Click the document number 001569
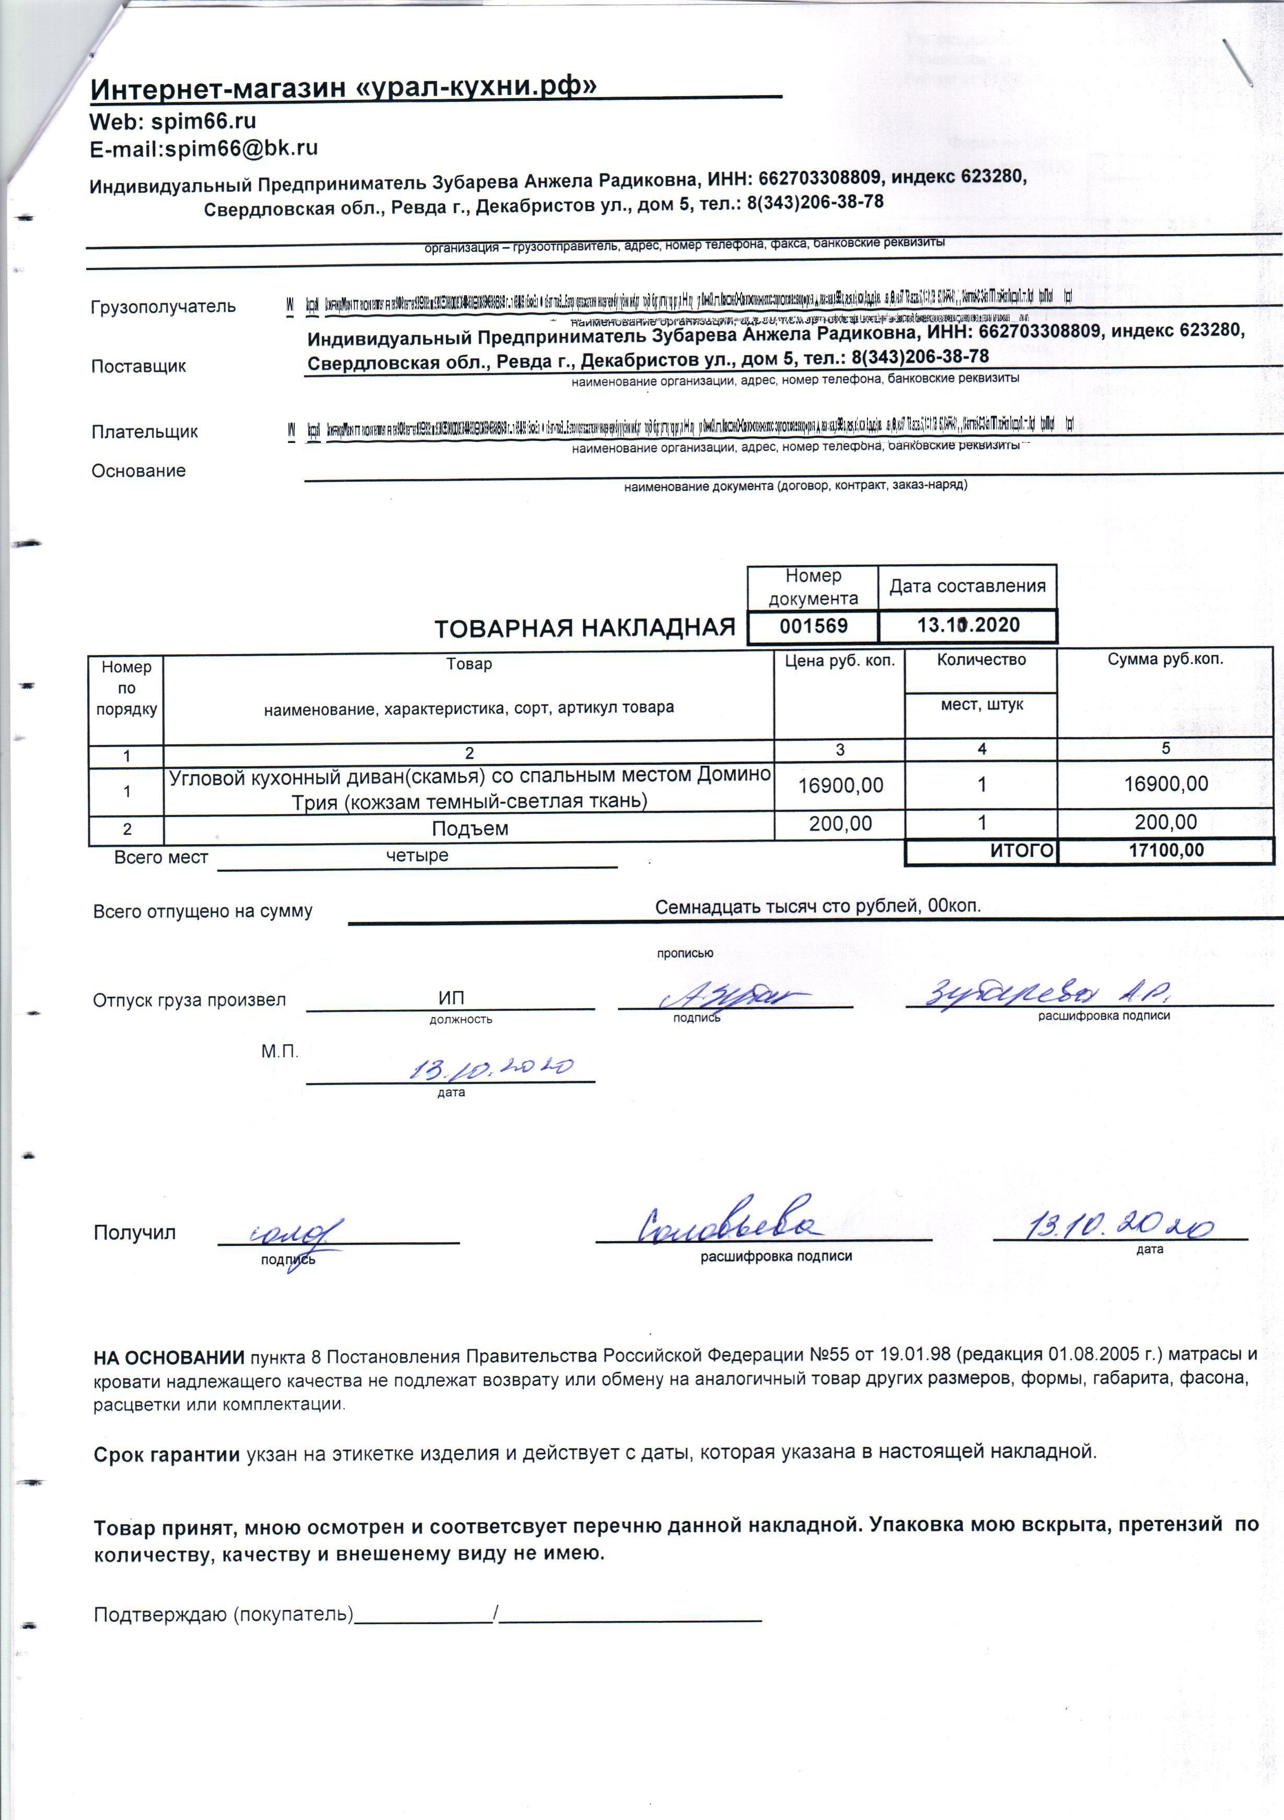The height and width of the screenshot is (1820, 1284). point(813,626)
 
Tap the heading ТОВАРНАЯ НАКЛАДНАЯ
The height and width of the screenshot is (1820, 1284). point(584,628)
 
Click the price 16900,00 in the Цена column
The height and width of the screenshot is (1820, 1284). point(840,786)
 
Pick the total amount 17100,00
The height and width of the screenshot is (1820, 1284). point(1165,850)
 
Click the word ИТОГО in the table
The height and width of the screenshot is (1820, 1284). point(1022,850)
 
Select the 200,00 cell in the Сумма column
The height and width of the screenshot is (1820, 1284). point(1165,822)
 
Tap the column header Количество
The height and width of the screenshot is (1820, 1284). point(981,659)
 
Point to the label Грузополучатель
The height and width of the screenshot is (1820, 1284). point(163,307)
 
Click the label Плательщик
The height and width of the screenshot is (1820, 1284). point(144,432)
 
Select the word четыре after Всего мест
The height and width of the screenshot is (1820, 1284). point(417,855)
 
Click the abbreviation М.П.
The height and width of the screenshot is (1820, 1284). point(279,1052)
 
